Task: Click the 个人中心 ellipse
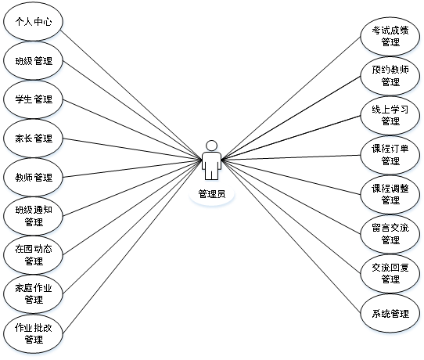click(x=34, y=22)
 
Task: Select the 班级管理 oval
click(x=34, y=60)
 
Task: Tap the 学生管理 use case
click(x=34, y=99)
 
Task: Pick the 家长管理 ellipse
click(x=34, y=139)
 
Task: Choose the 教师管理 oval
click(x=34, y=177)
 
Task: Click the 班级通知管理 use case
click(x=34, y=216)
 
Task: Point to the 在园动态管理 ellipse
click(x=34, y=255)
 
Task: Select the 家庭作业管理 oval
click(x=34, y=293)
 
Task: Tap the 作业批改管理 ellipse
click(x=34, y=333)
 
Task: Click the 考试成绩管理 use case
click(x=390, y=36)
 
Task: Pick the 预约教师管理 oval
click(x=390, y=76)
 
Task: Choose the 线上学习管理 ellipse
click(x=390, y=116)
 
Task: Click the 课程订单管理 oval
click(x=390, y=155)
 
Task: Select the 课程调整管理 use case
click(x=390, y=194)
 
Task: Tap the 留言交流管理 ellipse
click(x=390, y=234)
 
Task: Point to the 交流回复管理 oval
click(x=390, y=273)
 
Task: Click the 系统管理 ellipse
click(x=390, y=313)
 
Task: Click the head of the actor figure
click(x=211, y=146)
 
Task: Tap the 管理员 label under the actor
click(x=212, y=194)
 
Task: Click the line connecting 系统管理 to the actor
click(x=291, y=236)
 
